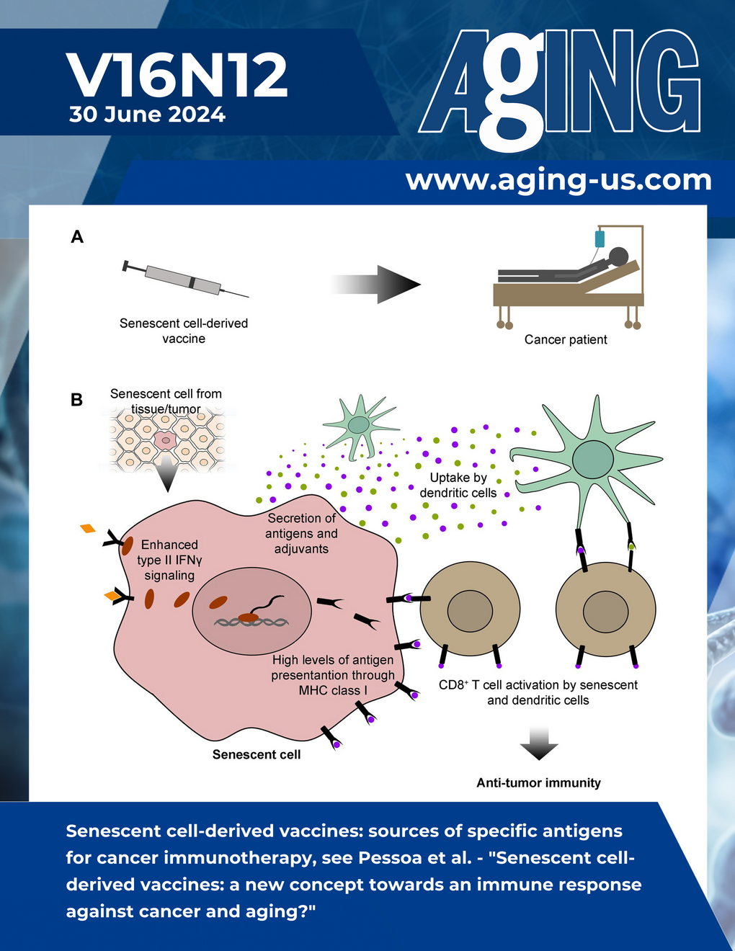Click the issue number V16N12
(177, 76)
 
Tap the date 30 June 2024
(147, 115)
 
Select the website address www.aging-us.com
(558, 179)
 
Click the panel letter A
(77, 237)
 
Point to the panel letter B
(76, 400)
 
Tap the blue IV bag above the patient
(600, 239)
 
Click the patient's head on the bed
(618, 256)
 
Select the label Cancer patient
(565, 339)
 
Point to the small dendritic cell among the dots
(358, 425)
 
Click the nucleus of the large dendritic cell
(592, 459)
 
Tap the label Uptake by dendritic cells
(458, 486)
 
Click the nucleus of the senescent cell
(251, 611)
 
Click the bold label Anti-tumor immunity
(538, 782)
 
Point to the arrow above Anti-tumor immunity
(538, 744)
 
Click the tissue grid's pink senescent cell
(166, 439)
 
